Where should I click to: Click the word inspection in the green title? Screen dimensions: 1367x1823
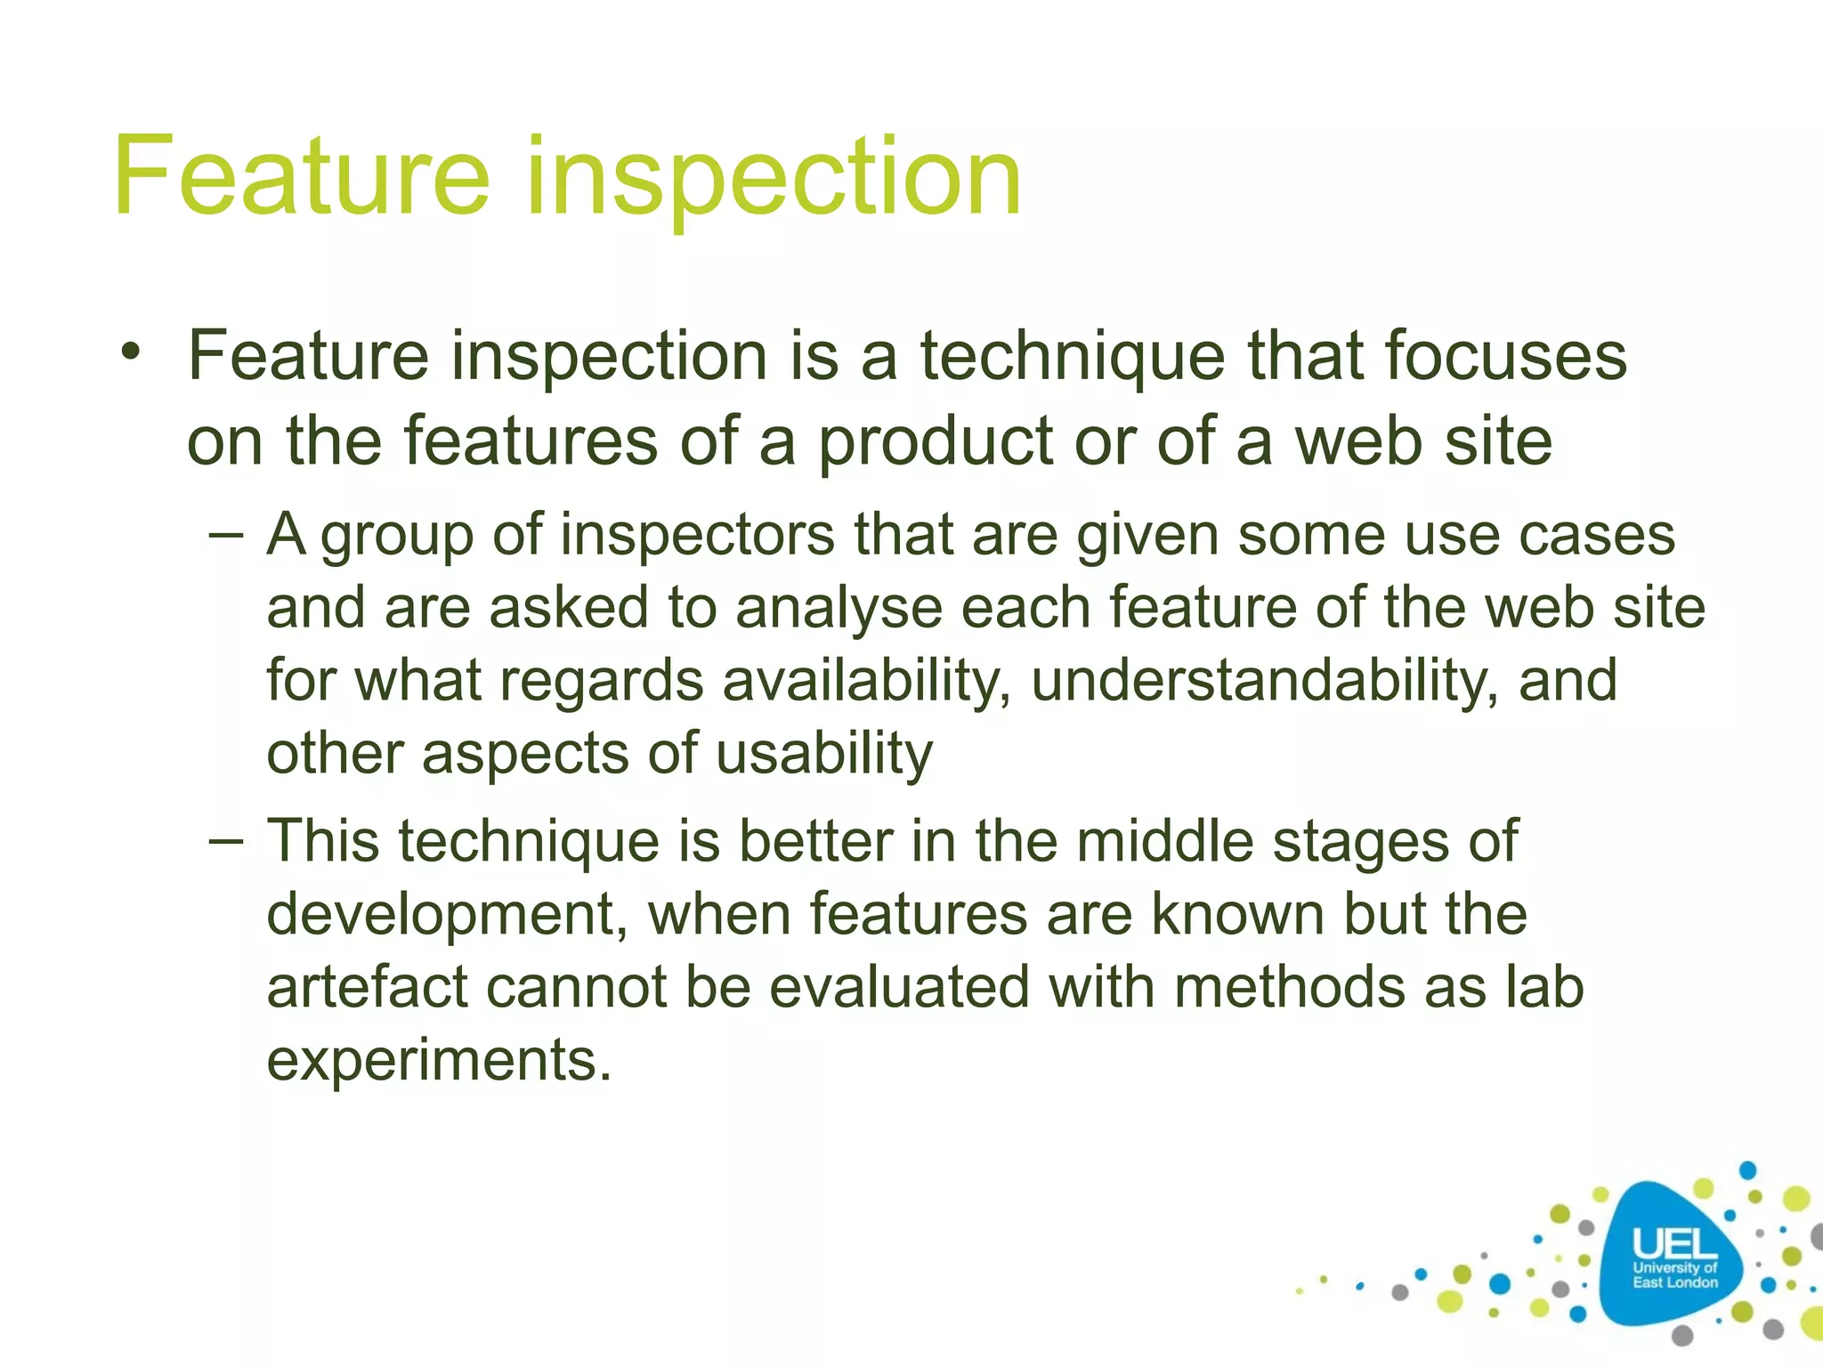[773, 178]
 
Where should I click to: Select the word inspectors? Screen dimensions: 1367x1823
[697, 536]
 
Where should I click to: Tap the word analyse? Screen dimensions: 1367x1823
[839, 610]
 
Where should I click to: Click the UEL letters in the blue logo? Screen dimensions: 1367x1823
[1673, 1243]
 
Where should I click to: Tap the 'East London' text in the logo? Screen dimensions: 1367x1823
[1674, 1282]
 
